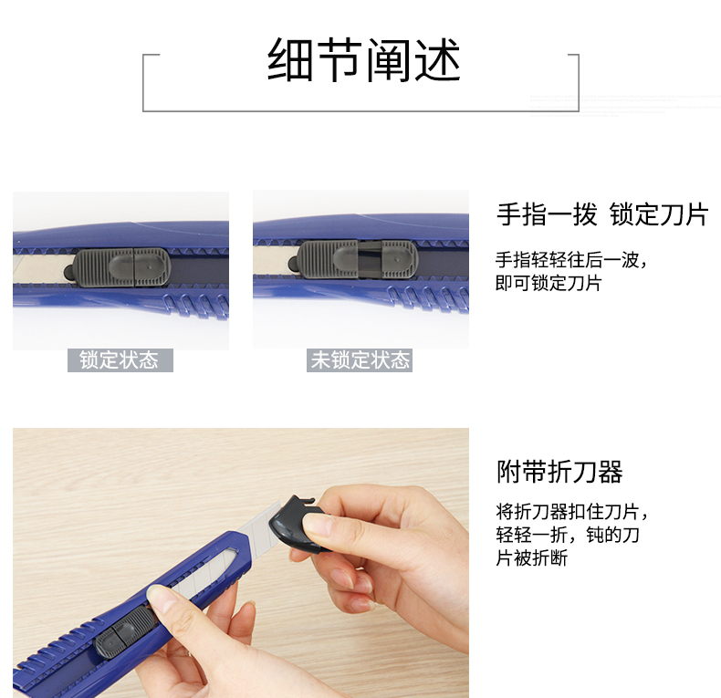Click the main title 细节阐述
(364, 60)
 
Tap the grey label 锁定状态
(120, 360)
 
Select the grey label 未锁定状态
(360, 360)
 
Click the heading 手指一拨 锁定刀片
(602, 214)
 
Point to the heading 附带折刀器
(559, 472)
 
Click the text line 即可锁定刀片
(549, 283)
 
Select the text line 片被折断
(531, 557)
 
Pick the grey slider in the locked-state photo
(121, 267)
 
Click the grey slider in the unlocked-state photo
(357, 260)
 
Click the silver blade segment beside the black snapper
(260, 527)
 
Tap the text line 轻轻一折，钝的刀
(568, 535)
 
